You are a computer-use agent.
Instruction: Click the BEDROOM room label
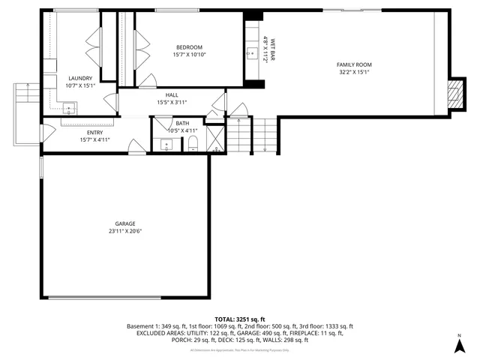189,47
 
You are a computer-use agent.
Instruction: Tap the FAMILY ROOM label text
354,64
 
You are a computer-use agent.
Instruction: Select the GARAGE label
125,223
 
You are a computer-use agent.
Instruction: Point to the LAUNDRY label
80,78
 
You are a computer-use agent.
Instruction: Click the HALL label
172,95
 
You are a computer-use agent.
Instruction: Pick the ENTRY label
95,133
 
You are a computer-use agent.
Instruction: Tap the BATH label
183,123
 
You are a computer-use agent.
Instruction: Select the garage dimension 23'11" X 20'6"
125,231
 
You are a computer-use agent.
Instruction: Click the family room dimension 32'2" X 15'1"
354,72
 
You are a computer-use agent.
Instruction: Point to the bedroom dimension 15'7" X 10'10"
189,55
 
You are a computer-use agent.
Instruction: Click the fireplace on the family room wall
453,93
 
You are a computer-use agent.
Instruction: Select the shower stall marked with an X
214,139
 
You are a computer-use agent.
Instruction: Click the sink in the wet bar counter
253,53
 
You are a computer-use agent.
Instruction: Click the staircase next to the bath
238,135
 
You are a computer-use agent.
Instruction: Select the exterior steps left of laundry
26,97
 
